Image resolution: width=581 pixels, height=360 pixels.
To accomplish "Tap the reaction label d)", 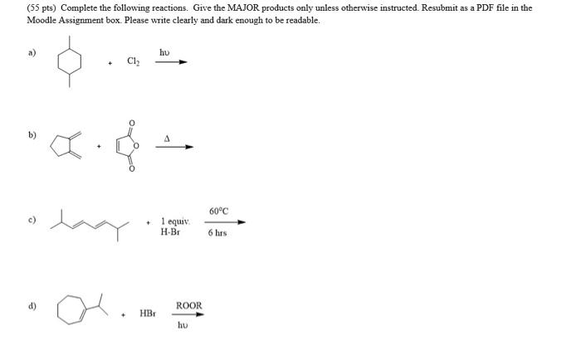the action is [33, 306].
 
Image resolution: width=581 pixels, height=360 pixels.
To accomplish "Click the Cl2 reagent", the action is [133, 61].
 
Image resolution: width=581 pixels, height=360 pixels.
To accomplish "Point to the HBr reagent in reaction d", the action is [147, 314].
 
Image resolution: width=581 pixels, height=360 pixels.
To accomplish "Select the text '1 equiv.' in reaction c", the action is [175, 221].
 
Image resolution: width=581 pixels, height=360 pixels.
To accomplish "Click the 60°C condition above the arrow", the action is [217, 212].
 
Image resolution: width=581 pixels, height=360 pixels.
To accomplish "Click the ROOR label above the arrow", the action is [188, 306].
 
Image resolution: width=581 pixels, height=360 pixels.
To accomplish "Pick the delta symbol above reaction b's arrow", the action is [166, 139].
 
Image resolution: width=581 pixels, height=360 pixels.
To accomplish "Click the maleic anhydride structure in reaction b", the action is [129, 147].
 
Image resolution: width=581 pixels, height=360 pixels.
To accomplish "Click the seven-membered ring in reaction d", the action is [71, 310].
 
